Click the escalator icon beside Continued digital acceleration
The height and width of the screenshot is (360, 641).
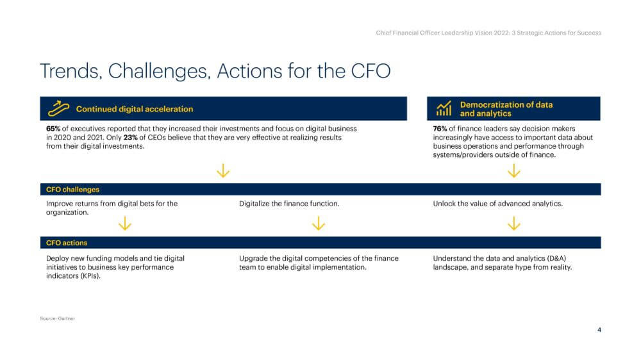(x=58, y=108)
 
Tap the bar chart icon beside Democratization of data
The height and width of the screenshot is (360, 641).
(x=444, y=108)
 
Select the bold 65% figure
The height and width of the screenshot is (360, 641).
(x=53, y=129)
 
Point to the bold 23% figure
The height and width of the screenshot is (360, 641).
(x=130, y=137)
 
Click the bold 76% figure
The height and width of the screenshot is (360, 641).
(x=440, y=129)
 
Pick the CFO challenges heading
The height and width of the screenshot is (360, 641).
(x=73, y=190)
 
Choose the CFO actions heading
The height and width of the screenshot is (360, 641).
(x=67, y=243)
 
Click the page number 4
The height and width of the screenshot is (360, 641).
(x=599, y=330)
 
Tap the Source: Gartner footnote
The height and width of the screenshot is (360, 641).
(x=57, y=318)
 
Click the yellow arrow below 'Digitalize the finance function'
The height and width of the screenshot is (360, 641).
(x=319, y=224)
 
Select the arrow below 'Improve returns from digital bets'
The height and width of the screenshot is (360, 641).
(x=125, y=224)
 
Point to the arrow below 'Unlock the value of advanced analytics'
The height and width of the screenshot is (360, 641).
(x=514, y=224)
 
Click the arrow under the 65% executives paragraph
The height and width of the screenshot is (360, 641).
(x=223, y=171)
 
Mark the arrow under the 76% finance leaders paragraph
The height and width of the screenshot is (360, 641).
(x=514, y=171)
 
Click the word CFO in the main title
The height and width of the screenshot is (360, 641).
(x=370, y=71)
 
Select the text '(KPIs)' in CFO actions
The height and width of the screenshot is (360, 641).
(x=90, y=276)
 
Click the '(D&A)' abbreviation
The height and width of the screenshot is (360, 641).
(x=557, y=258)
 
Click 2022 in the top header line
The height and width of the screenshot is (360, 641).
(x=502, y=33)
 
